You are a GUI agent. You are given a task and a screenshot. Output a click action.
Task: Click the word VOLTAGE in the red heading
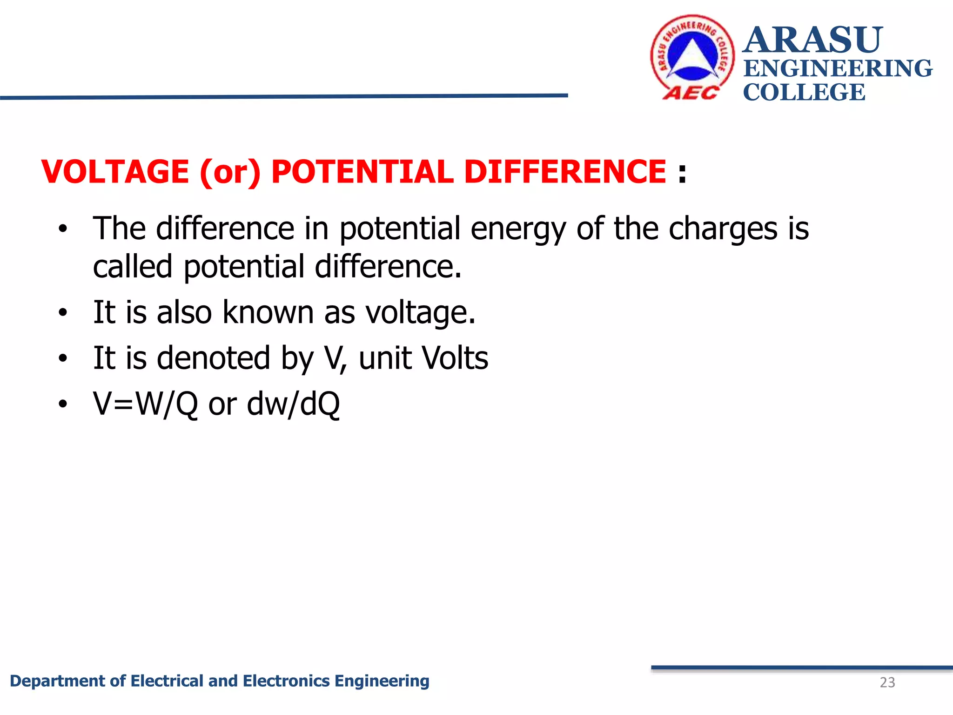[x=115, y=171]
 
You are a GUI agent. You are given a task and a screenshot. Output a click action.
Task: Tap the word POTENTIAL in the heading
[x=362, y=171]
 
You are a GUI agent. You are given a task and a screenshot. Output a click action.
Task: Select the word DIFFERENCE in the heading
[x=565, y=171]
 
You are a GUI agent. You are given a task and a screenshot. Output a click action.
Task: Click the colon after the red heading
[x=682, y=173]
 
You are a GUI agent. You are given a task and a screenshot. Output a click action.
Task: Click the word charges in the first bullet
[x=723, y=229]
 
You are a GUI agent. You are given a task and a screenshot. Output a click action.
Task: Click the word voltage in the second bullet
[x=420, y=313]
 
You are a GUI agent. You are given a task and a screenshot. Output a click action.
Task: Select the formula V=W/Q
[x=146, y=404]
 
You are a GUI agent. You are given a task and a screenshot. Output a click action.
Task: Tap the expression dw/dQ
[x=293, y=404]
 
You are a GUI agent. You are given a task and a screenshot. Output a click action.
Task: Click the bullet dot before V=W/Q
[x=63, y=404]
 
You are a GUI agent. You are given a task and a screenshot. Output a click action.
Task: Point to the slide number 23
[x=887, y=682]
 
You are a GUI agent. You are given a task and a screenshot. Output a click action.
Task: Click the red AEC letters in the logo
[x=690, y=93]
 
